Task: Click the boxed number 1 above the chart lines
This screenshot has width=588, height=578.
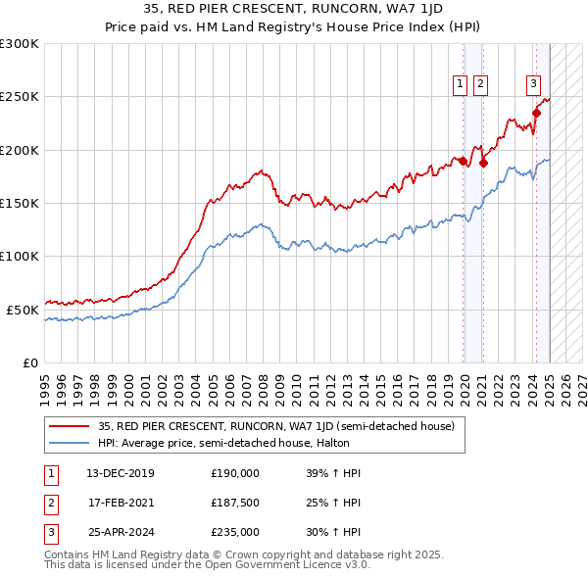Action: click(x=460, y=85)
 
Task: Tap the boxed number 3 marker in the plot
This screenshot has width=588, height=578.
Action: click(x=534, y=84)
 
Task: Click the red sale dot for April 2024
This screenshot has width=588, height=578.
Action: click(x=537, y=113)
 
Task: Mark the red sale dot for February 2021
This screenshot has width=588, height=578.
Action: click(x=483, y=164)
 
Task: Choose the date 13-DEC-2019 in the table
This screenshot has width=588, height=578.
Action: click(x=120, y=473)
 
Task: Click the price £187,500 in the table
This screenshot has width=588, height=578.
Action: click(x=235, y=503)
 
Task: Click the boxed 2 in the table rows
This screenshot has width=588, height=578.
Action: click(x=49, y=503)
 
